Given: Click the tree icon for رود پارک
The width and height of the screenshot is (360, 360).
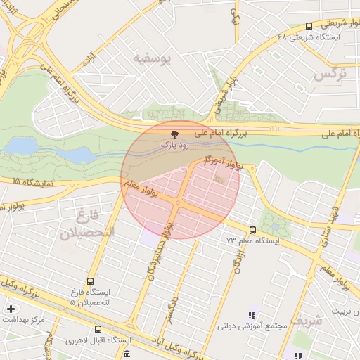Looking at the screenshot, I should [x=175, y=133].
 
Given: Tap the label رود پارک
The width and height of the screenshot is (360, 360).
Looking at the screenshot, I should [x=175, y=144].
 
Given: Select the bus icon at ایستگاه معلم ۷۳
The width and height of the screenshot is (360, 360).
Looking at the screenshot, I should [x=252, y=230].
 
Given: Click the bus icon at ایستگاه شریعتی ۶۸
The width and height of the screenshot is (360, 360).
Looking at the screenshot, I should [x=309, y=27].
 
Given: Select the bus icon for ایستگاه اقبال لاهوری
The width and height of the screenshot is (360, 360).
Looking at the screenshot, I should [x=98, y=329].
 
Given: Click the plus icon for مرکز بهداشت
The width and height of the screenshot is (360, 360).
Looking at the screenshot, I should [x=11, y=309].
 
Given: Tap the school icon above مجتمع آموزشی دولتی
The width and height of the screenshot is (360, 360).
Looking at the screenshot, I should [x=252, y=315].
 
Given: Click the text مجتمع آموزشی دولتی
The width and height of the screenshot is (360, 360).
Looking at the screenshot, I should [x=254, y=326].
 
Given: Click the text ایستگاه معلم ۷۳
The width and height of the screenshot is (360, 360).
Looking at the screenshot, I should [x=252, y=240].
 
